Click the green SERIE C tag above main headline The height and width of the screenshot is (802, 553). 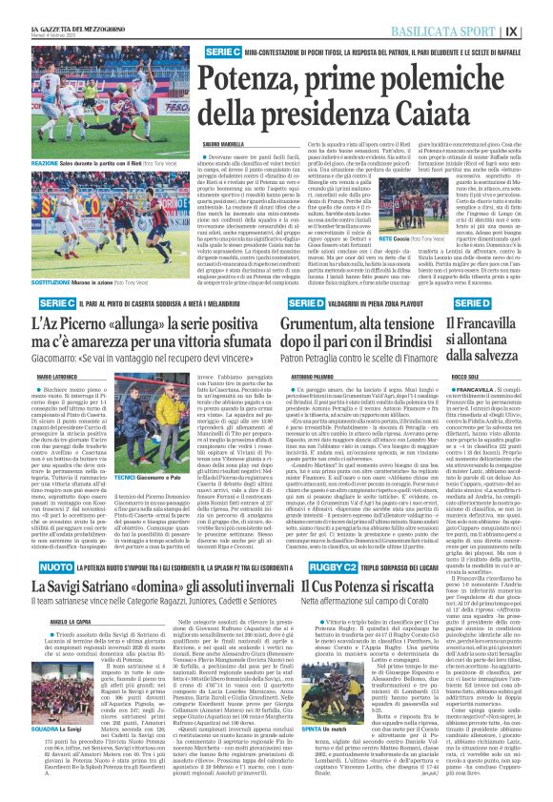[x=221, y=50]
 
